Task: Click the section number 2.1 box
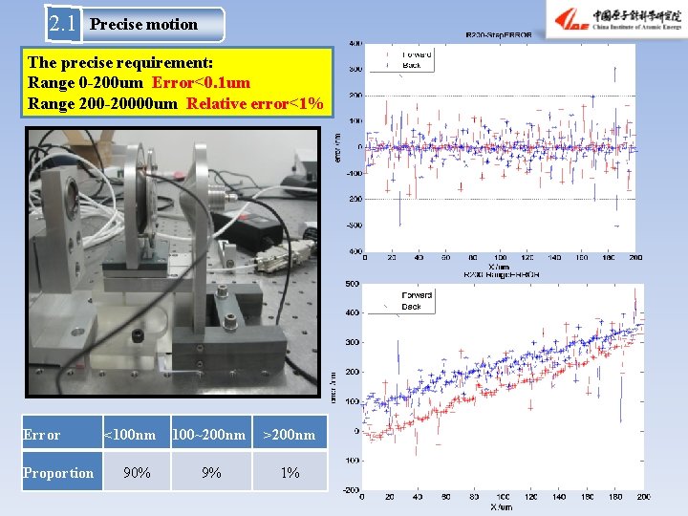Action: pos(63,24)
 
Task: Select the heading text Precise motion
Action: pos(143,25)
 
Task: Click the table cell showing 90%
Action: pos(137,473)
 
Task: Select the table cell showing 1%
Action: pos(290,473)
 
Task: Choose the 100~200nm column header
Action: pos(208,435)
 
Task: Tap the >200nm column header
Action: pos(289,435)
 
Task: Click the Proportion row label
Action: pos(59,473)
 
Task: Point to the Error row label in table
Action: pos(41,435)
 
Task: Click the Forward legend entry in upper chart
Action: pos(415,54)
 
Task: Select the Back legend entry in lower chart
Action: pos(411,307)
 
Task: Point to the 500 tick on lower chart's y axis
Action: pos(352,284)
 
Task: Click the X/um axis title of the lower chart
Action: pos(500,506)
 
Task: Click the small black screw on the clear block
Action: pos(139,336)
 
